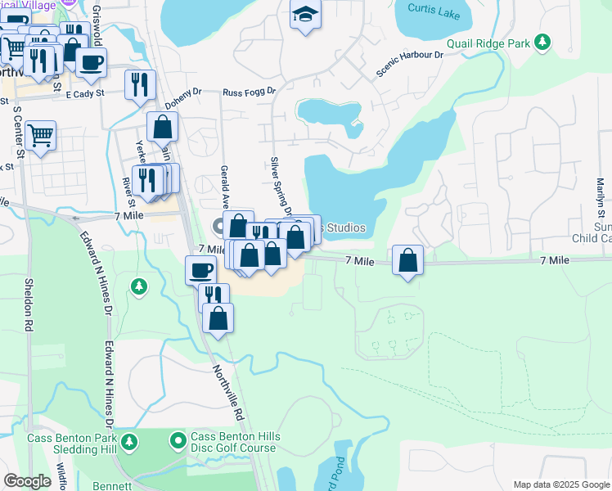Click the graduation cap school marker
click(x=305, y=14)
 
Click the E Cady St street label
click(x=86, y=94)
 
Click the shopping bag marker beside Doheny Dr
click(x=163, y=127)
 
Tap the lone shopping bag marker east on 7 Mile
click(x=407, y=260)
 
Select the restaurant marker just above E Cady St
click(x=140, y=83)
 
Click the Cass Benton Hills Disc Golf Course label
click(x=235, y=443)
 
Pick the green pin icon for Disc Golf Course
click(x=178, y=442)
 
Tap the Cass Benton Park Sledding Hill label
click(x=74, y=444)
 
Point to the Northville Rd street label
click(x=229, y=393)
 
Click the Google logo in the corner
click(x=28, y=480)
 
